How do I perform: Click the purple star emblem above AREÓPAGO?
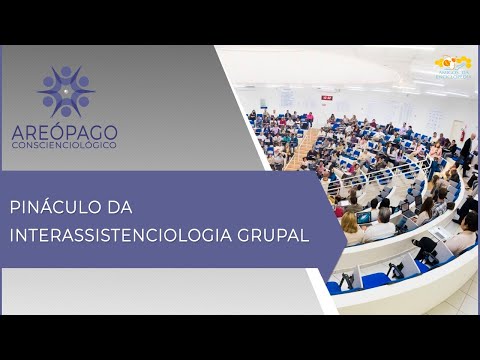[x=66, y=92]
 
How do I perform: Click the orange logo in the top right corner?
[x=452, y=68]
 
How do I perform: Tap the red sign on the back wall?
[x=326, y=97]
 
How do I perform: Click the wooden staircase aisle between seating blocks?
[x=300, y=150]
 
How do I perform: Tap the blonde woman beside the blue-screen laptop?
[x=351, y=226]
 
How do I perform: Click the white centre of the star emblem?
[x=66, y=92]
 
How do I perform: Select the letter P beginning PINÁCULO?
[x=15, y=207]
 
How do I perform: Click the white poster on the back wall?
[x=287, y=97]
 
